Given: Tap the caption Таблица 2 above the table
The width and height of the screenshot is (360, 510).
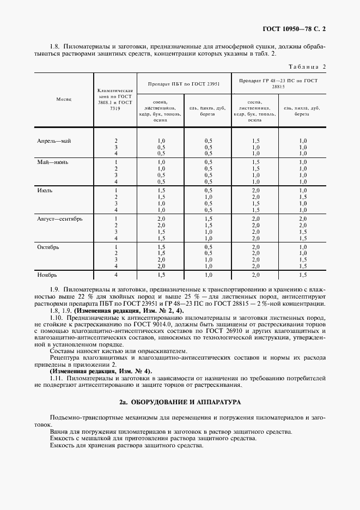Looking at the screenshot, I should [307, 66].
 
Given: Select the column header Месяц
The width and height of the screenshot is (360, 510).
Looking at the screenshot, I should [60, 100].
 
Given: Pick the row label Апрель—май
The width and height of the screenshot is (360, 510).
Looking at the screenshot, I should [54, 141].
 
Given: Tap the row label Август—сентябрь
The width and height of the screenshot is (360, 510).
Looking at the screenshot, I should [59, 218].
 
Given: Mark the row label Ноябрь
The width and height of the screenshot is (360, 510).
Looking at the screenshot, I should [47, 275].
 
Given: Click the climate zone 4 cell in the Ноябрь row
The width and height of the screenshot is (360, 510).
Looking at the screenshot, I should [115, 275].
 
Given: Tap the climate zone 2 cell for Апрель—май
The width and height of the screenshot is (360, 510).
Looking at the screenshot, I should [115, 141].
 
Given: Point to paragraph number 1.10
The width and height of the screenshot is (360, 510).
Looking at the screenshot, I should [56, 317].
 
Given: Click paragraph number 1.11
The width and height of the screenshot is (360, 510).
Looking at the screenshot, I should [56, 378].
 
